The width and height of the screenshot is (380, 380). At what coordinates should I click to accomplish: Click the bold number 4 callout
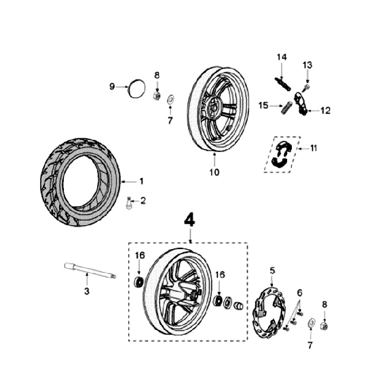click(x=189, y=220)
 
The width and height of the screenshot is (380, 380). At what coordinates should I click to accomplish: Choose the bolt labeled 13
click(x=307, y=87)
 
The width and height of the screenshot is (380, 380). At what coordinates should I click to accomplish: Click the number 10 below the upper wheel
click(x=214, y=172)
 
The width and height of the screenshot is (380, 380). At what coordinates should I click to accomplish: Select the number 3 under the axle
click(x=87, y=291)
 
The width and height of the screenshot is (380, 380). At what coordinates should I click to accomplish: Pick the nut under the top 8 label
click(x=157, y=96)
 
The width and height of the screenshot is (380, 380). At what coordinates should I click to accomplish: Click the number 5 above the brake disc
click(x=272, y=271)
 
